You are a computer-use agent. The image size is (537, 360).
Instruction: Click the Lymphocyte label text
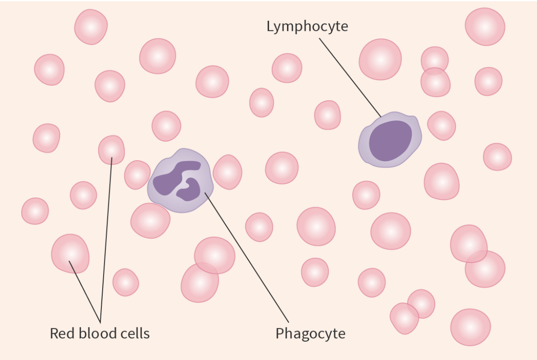click(x=307, y=26)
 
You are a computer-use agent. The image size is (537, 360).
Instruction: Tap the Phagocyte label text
click(x=310, y=333)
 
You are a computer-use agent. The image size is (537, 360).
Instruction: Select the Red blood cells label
click(x=99, y=333)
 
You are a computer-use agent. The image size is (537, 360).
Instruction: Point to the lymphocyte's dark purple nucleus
click(x=390, y=140)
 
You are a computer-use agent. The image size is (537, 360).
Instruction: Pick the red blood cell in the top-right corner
click(x=484, y=27)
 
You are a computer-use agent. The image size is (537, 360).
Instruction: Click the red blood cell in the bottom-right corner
click(x=470, y=327)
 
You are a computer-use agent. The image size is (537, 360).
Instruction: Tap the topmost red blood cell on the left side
click(x=91, y=27)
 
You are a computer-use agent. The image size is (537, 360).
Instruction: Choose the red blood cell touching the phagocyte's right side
click(x=227, y=172)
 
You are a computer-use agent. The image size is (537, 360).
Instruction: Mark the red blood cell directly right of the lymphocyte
click(x=441, y=125)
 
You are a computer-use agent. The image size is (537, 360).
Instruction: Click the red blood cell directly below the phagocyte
click(x=150, y=221)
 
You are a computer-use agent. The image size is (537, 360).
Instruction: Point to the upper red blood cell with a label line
click(x=111, y=150)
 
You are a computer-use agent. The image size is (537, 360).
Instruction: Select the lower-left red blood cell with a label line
click(x=70, y=253)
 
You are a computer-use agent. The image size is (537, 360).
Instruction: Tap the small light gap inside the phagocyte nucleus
click(x=186, y=184)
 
